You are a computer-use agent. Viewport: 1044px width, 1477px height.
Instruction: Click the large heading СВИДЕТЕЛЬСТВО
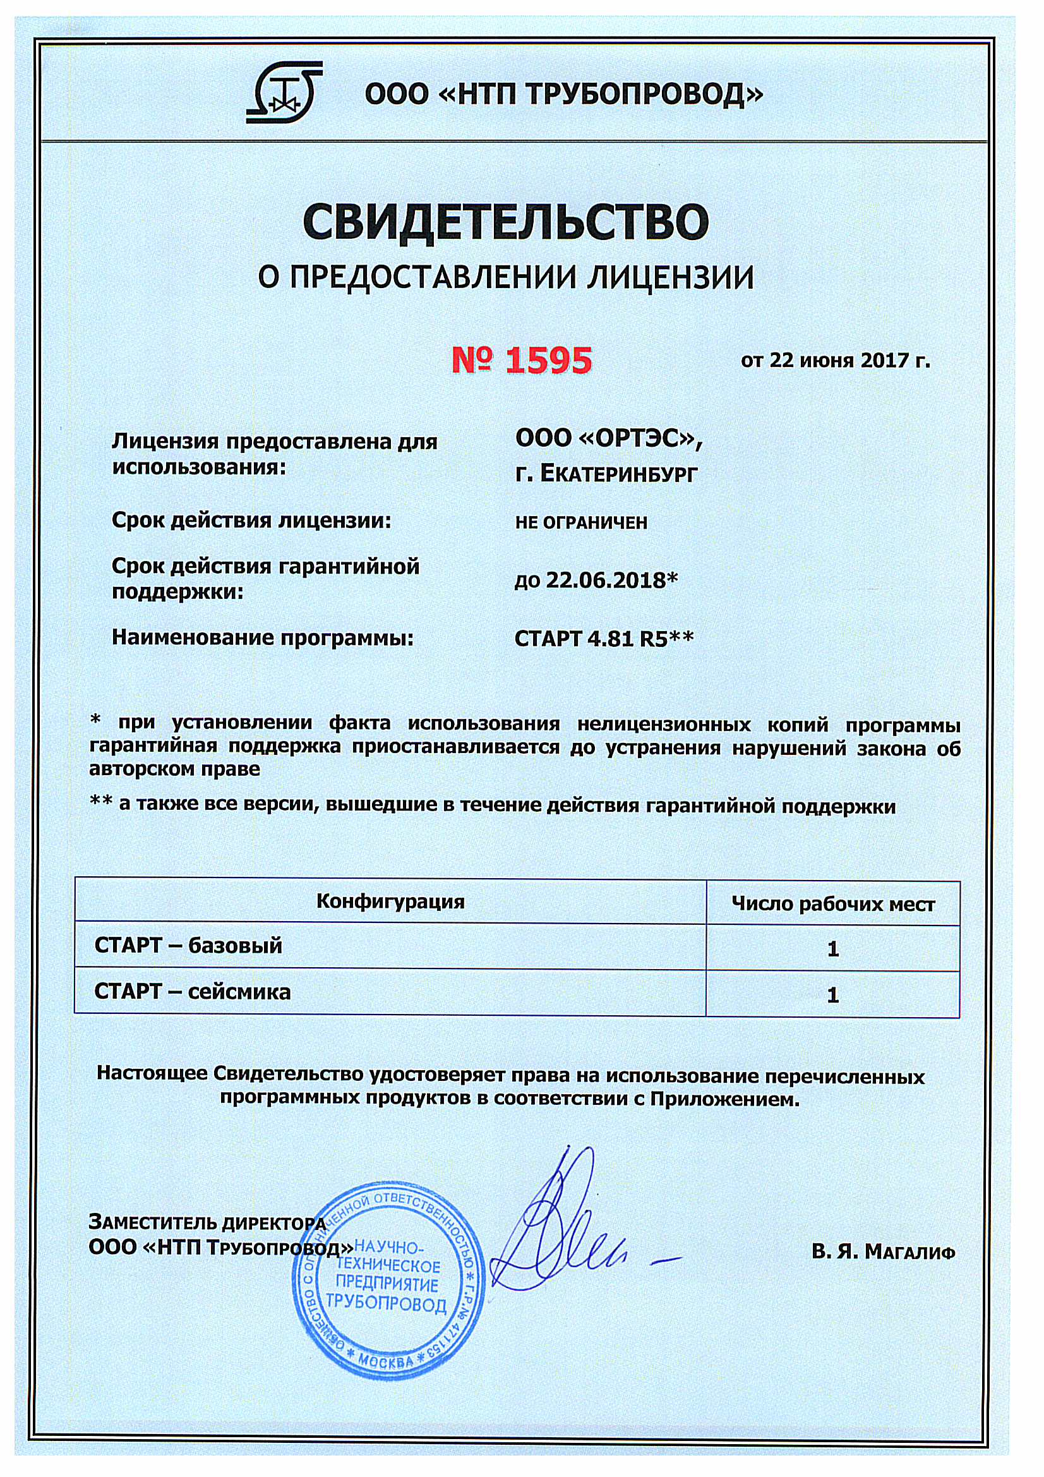point(506,222)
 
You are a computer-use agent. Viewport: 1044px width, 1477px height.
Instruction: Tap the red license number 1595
point(522,360)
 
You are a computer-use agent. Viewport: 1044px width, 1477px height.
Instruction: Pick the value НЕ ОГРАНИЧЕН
point(581,522)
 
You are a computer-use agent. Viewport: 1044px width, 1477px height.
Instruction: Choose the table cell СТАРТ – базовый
point(188,946)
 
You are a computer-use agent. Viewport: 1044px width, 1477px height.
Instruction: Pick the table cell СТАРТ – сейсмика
point(193,992)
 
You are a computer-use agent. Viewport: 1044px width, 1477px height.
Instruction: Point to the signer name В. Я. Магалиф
point(882,1252)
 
